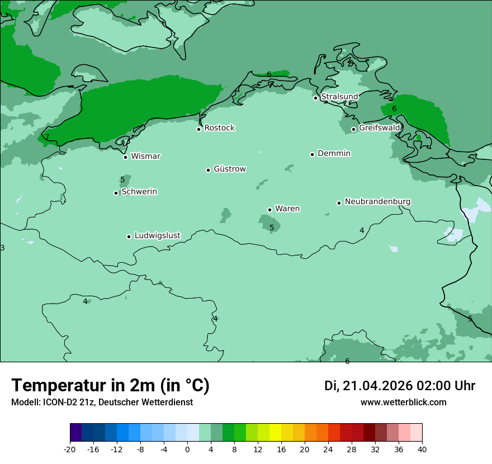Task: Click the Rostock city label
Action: point(219,128)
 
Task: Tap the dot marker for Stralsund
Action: point(315,98)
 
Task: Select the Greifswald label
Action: point(379,128)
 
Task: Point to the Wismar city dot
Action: point(125,157)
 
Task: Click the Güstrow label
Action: point(229,169)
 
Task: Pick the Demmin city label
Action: point(334,153)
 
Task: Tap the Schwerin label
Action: point(139,192)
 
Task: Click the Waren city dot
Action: point(269,210)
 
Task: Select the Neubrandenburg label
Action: point(377,202)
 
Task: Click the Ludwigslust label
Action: point(157,236)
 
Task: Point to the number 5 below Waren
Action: point(272,228)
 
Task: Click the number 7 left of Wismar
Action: point(47,137)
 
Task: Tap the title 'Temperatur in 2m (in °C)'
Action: point(110,385)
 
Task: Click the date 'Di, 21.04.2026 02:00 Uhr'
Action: point(399,386)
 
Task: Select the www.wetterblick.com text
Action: point(403,402)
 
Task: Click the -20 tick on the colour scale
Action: point(70,449)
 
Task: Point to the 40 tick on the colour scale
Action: point(422,449)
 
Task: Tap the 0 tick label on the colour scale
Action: point(187,449)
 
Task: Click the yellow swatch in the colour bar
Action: point(275,433)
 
